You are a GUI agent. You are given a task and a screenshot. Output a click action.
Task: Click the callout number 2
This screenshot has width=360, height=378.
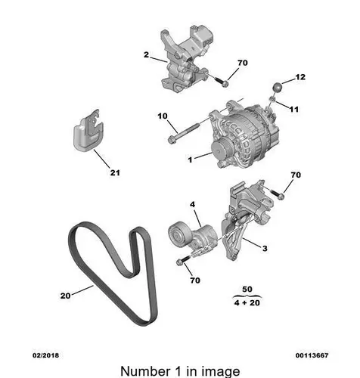coord(146,54)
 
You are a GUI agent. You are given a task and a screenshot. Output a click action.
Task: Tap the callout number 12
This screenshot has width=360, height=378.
coord(300,77)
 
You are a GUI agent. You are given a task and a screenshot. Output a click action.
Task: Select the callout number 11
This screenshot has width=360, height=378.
coord(294,109)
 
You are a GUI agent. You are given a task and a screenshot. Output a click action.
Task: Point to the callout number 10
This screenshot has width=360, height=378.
coord(163,116)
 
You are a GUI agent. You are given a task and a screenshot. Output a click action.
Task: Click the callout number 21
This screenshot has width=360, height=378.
coord(115,172)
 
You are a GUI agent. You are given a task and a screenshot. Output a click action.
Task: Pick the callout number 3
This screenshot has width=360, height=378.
coord(265,248)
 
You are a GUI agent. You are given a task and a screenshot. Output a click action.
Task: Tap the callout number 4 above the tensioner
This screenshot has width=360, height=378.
coord(193,204)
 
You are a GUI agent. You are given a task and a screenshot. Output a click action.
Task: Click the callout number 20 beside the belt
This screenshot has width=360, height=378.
coord(65,296)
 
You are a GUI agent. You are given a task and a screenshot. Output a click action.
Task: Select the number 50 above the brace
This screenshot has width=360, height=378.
coord(247,289)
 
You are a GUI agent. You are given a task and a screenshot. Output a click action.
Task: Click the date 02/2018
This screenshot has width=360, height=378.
coord(45,355)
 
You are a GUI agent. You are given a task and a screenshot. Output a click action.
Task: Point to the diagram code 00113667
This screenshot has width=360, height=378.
coord(312,355)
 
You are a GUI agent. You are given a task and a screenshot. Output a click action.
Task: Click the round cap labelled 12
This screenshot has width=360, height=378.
coord(278,88)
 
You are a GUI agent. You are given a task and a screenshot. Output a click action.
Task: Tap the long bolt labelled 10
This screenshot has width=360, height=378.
coord(184,132)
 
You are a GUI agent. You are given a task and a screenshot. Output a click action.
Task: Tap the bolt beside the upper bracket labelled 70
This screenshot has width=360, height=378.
coord(222,82)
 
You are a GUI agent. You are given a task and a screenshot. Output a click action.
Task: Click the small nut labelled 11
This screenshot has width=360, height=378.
coord(272,100)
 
